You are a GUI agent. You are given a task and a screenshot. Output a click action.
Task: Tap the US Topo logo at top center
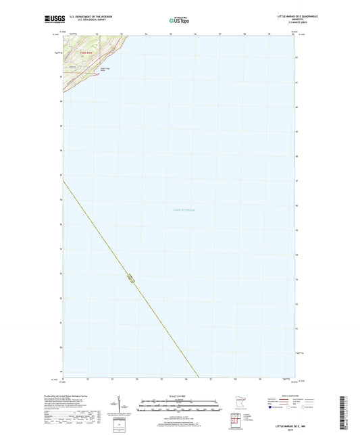click(x=178, y=21)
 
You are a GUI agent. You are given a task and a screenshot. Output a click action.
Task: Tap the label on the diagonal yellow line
click(x=130, y=276)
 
